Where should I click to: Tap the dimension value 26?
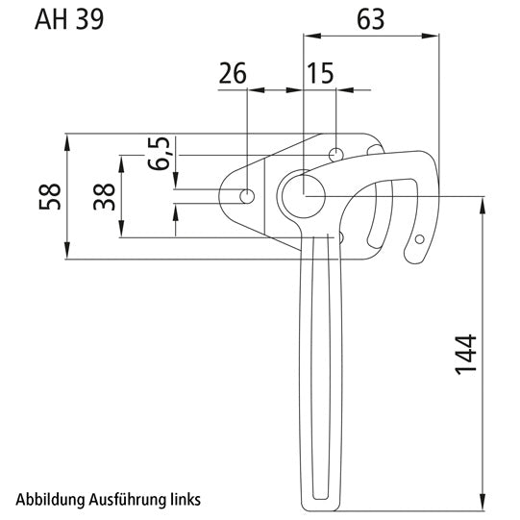(233, 73)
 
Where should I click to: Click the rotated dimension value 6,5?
(161, 153)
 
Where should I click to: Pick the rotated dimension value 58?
(50, 196)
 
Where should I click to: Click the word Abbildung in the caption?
(48, 500)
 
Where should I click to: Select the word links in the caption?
(184, 500)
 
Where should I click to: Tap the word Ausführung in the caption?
(124, 500)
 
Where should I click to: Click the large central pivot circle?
(304, 196)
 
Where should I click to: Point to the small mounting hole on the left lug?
(248, 197)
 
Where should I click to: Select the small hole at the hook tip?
(418, 239)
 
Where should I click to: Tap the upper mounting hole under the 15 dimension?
(335, 155)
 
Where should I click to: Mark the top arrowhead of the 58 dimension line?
(68, 140)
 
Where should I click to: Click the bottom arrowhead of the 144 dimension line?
(481, 507)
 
